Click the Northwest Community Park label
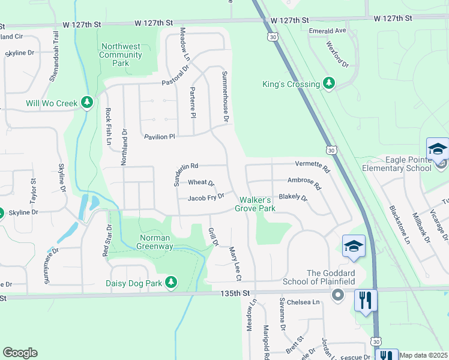121,55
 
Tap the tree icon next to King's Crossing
328,84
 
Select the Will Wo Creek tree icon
87,103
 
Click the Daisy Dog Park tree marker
171,282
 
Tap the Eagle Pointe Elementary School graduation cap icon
438,148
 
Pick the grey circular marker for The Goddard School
337,294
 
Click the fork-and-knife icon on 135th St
366,299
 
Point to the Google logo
20,353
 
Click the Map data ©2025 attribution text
424,355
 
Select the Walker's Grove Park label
258,204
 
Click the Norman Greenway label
148,241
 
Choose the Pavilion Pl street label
159,137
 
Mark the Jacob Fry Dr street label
206,197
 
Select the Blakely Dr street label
293,197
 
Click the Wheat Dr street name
201,182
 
